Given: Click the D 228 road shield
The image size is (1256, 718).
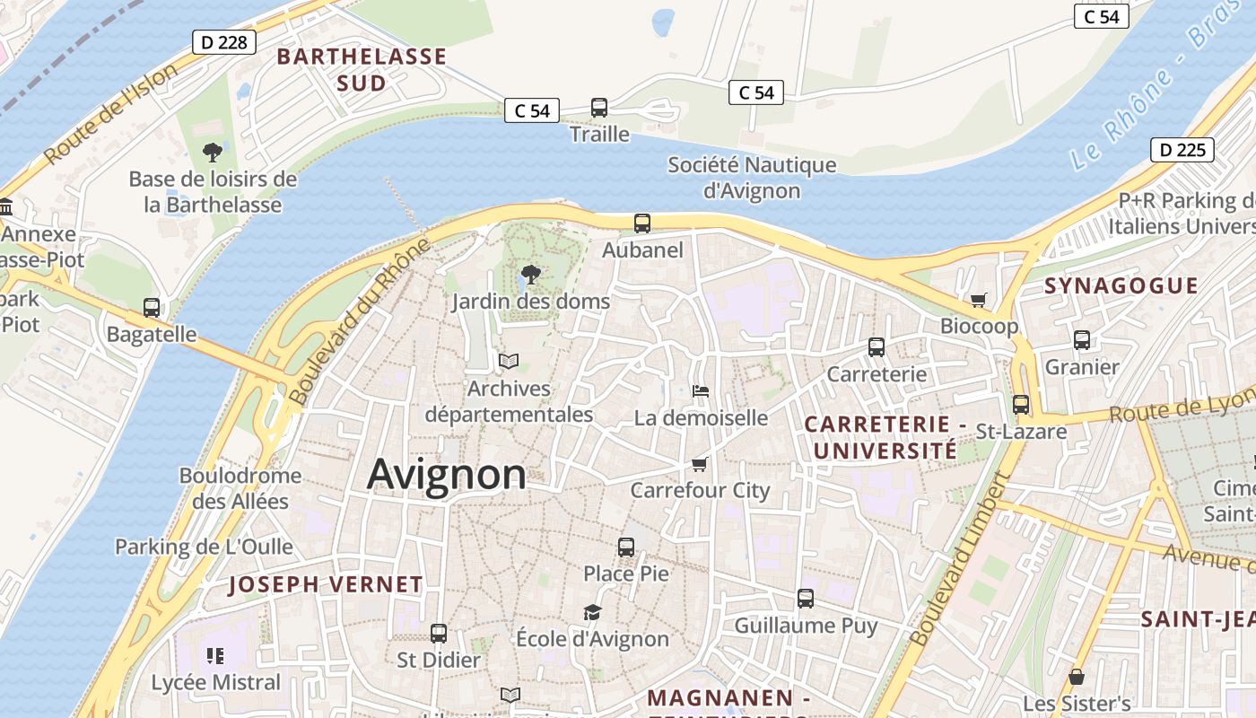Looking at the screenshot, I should pos(224,42).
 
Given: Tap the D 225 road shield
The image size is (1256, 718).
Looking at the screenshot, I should pos(1182,150).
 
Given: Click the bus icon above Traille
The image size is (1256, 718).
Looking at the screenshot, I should pos(599,108).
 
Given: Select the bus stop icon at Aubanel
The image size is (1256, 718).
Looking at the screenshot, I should pos(642,223).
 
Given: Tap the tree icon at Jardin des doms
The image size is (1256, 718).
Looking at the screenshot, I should pos(531,275).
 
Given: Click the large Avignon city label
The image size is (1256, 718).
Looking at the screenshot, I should pos(446,474).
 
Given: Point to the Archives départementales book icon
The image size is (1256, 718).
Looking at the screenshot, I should pos(509,362).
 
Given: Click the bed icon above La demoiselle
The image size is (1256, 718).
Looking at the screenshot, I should pos(701,390).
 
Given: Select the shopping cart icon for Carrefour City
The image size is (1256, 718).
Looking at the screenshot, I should pos(700,464).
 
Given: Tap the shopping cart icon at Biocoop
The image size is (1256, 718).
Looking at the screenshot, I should pos(978,299).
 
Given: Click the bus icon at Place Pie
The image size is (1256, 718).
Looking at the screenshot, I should pos(626,547).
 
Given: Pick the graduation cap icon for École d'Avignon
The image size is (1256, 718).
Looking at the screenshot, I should pos(592,612).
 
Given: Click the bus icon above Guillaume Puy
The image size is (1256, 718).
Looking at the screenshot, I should pos(806,598).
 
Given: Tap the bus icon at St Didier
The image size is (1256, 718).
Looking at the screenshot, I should pos(439,633).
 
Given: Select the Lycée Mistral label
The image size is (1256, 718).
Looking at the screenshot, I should pos(216,682).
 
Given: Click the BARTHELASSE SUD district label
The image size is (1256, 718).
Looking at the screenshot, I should pos(362,70).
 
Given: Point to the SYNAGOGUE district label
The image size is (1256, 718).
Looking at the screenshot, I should pos(1121,285).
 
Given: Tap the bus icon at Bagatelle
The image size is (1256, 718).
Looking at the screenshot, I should pos(152,308).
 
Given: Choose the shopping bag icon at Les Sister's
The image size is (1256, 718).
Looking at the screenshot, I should pos(1077,677).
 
